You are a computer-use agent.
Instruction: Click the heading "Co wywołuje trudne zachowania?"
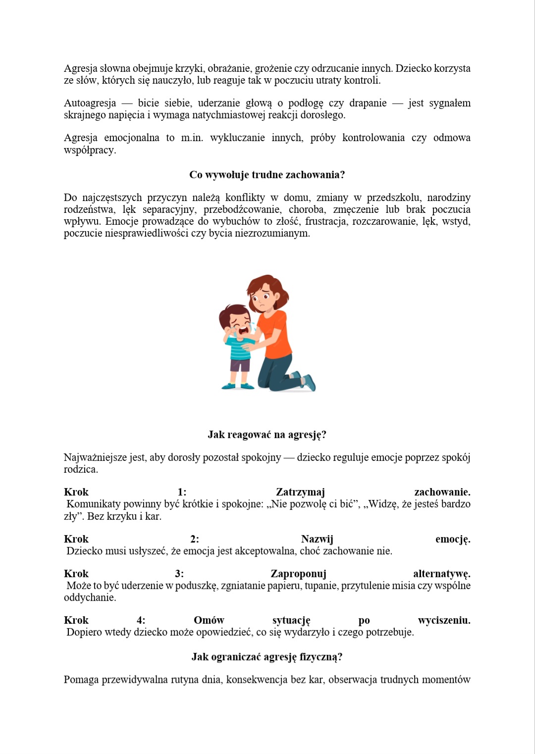tap(267, 175)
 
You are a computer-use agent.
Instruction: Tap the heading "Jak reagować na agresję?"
tap(267, 435)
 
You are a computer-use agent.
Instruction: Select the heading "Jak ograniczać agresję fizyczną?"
tap(267, 657)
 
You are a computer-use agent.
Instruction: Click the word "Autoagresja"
tap(90, 103)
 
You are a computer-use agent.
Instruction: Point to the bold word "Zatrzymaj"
tap(300, 492)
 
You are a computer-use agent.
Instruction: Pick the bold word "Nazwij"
tap(317, 539)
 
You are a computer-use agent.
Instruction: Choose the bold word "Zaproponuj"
tap(298, 574)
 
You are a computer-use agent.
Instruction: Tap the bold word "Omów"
tap(209, 620)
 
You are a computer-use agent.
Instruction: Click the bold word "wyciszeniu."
tap(444, 620)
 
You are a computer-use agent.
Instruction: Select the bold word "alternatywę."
tap(441, 574)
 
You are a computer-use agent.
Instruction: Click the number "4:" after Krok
tap(141, 620)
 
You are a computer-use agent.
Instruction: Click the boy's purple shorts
tap(240, 365)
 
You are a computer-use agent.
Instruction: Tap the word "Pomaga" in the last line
tap(81, 680)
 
